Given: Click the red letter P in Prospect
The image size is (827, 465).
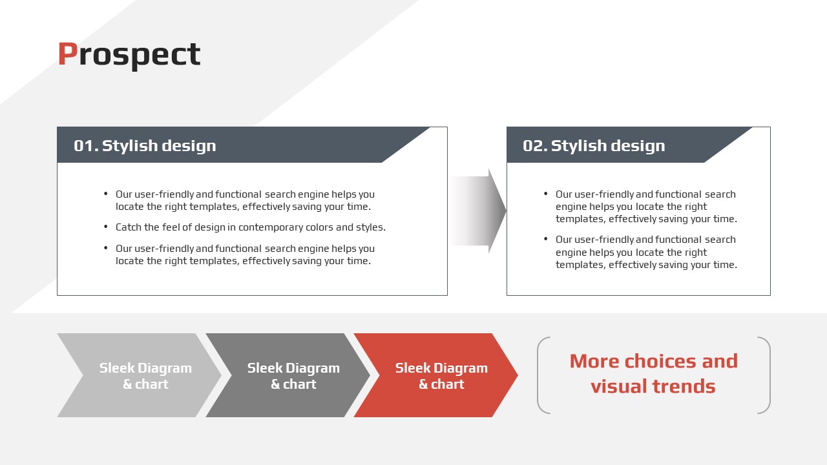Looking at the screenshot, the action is [68, 54].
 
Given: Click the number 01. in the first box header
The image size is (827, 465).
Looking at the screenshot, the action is [86, 146].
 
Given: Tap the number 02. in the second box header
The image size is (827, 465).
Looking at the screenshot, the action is [535, 146].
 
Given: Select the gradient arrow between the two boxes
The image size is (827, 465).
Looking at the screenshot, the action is [477, 211].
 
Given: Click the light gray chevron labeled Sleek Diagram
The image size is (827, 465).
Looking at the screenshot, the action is [140, 375].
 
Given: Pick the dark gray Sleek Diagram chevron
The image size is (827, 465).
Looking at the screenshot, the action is [288, 375].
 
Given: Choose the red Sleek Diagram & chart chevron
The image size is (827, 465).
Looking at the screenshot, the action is [435, 375].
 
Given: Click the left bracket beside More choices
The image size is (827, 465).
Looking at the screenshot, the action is [539, 375].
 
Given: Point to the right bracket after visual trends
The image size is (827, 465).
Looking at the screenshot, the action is [769, 375].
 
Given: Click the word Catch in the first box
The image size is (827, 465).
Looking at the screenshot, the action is [129, 227].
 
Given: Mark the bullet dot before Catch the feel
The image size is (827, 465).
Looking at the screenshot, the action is [106, 226].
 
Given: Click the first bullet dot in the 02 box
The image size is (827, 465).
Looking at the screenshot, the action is [546, 193].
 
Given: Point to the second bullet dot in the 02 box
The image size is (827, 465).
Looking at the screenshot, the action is [546, 239].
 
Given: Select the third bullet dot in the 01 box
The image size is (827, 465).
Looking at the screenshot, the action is [106, 247].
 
